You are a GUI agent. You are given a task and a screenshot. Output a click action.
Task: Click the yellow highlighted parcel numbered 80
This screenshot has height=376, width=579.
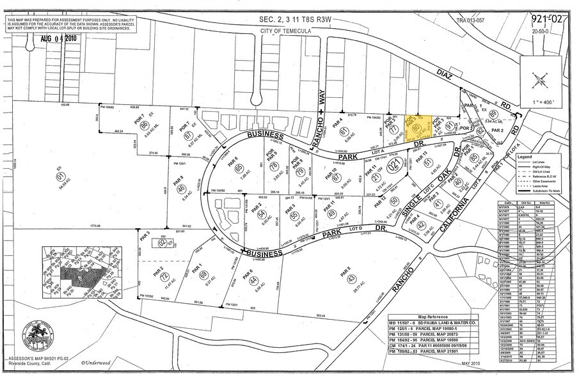tap(416, 128)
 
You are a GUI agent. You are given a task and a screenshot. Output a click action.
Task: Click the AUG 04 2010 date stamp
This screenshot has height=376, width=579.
tap(59, 38)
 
